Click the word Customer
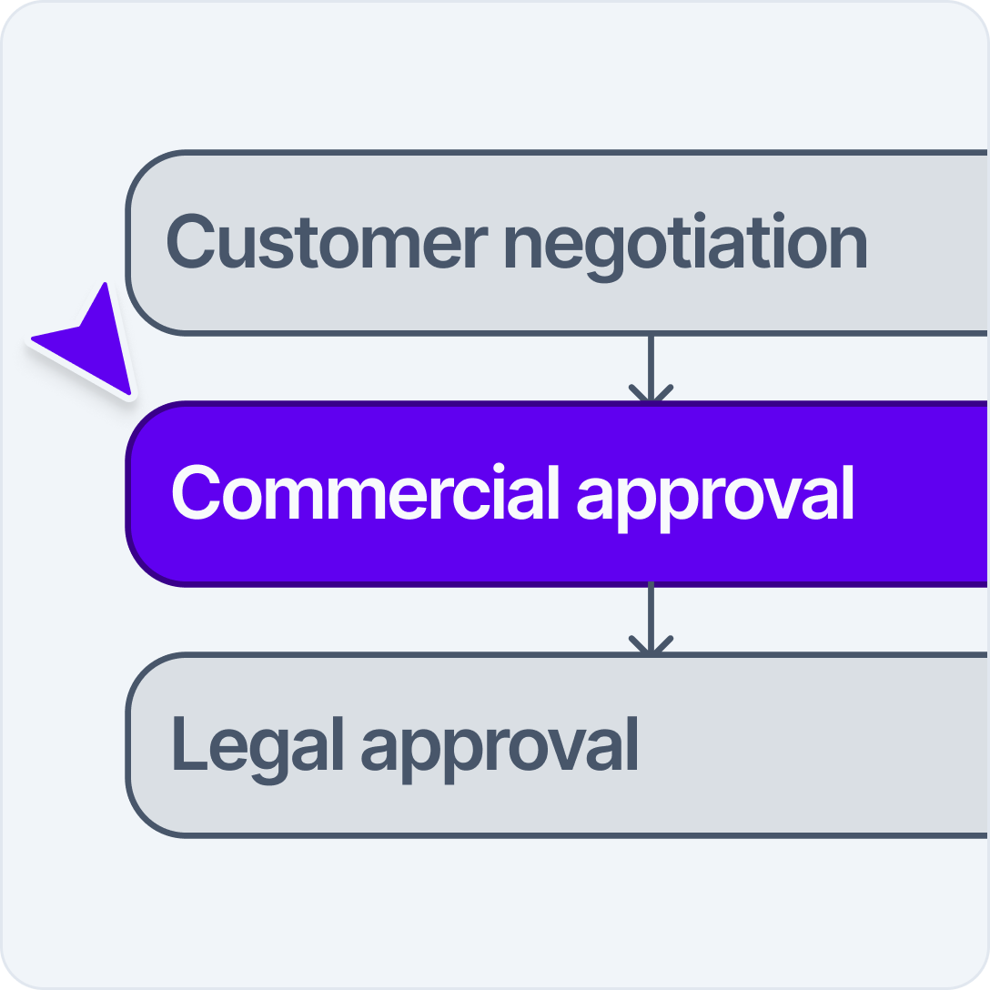(325, 242)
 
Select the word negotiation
(684, 242)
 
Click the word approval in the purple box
(716, 497)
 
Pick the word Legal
(257, 744)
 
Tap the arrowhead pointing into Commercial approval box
(651, 395)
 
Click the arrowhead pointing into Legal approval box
(651, 646)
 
